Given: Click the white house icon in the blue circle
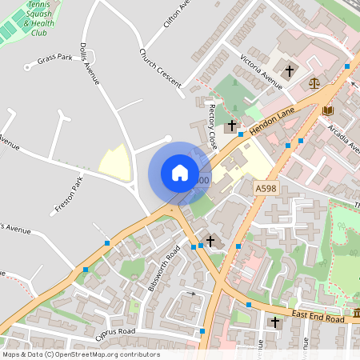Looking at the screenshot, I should (180, 173).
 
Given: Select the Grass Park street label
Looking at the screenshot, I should (54, 58).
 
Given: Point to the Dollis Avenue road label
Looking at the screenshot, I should (89, 65).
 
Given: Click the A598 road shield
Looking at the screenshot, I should (266, 187).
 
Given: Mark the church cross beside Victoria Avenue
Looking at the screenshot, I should (289, 70).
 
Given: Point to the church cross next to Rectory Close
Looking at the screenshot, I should (232, 126).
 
